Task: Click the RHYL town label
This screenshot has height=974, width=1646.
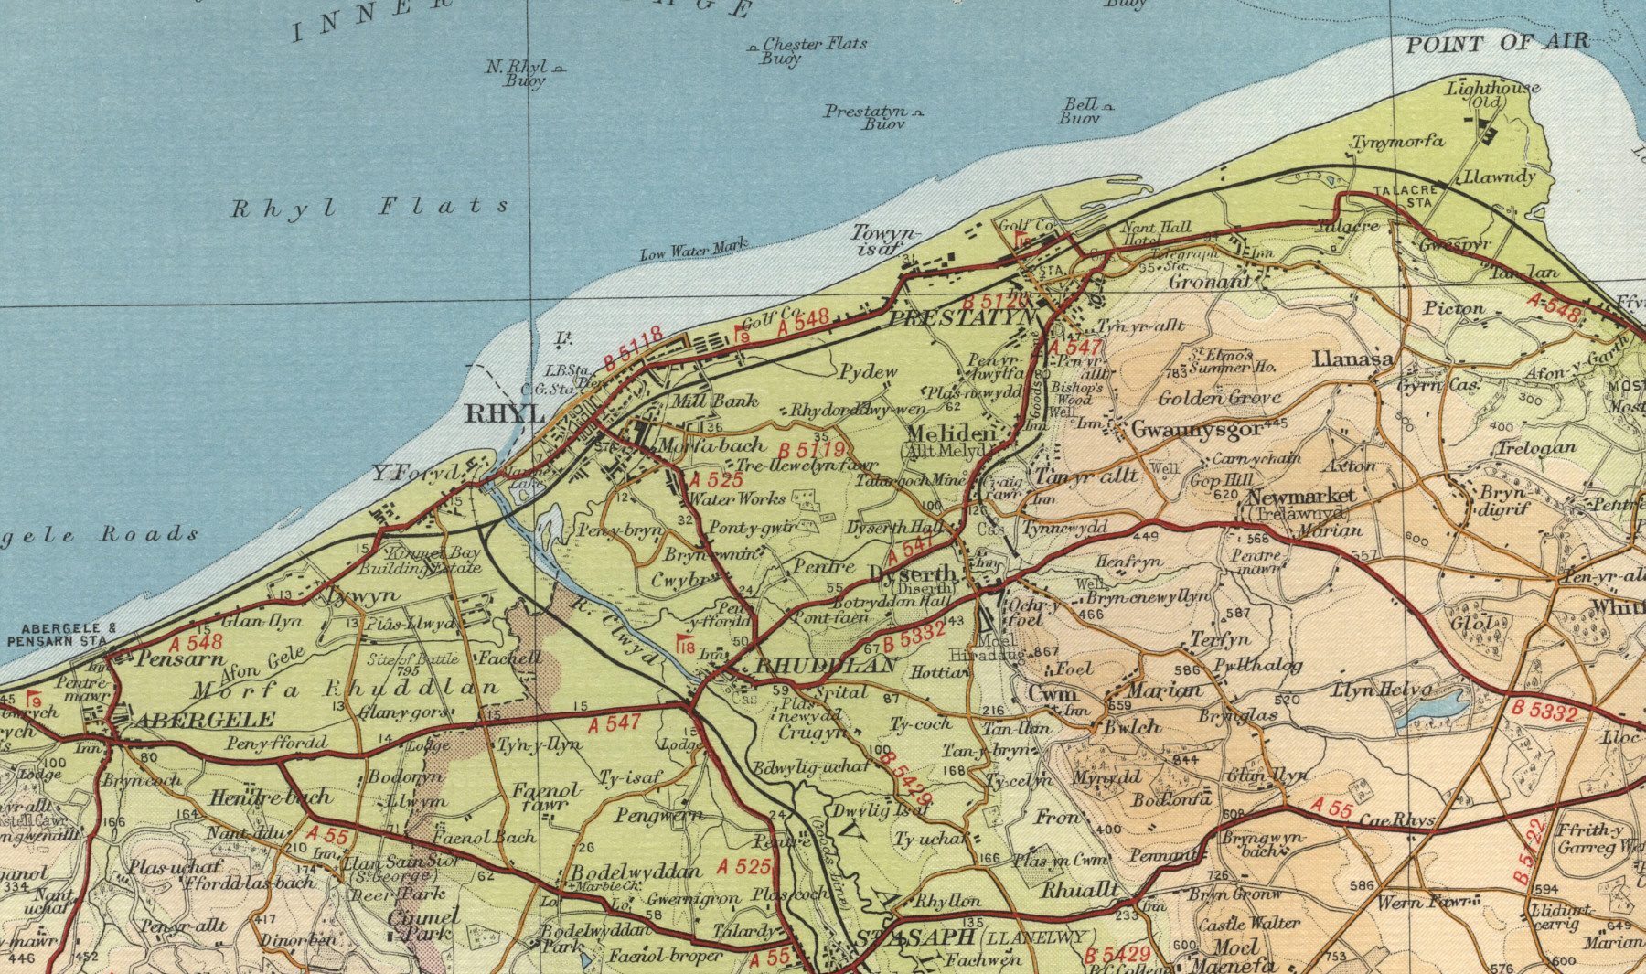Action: [x=505, y=413]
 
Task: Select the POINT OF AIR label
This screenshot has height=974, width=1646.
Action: [x=1497, y=43]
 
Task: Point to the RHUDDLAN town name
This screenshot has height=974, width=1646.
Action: [x=826, y=666]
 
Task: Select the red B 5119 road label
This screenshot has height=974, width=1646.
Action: [x=811, y=451]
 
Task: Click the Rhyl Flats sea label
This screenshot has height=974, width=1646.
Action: [x=369, y=208]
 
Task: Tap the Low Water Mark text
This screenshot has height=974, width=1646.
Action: [x=693, y=249]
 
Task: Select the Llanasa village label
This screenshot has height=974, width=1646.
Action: [x=1352, y=359]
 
